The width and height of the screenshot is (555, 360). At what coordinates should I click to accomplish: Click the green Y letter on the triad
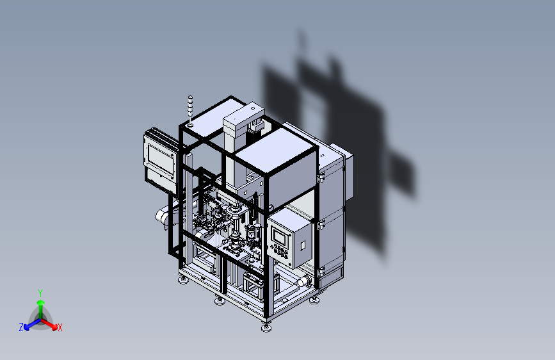click(x=40, y=292)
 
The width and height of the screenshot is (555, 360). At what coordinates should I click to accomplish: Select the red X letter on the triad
click(x=60, y=328)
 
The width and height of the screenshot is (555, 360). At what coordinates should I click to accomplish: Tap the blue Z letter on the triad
click(x=21, y=327)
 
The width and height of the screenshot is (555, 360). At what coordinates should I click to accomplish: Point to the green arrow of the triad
click(x=40, y=306)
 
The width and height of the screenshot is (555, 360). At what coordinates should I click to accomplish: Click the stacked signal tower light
click(x=189, y=110)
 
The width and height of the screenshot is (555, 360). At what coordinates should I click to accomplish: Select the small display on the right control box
click(x=280, y=234)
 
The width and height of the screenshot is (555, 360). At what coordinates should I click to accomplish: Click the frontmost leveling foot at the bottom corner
click(x=266, y=327)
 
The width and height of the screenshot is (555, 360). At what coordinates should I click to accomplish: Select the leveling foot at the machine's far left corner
click(x=183, y=280)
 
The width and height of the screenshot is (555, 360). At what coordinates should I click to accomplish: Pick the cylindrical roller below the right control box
click(x=305, y=281)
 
